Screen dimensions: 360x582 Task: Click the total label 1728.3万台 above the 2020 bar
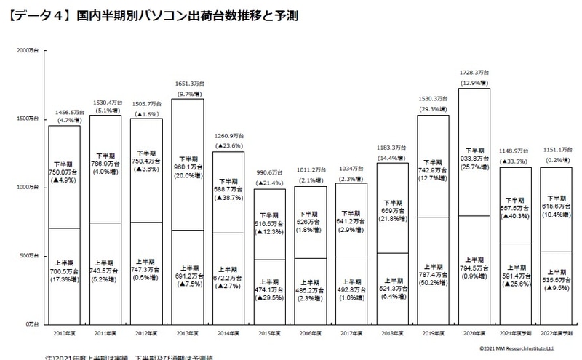click(475, 73)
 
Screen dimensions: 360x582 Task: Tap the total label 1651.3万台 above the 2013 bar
click(188, 84)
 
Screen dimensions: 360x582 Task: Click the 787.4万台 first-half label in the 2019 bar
click(434, 276)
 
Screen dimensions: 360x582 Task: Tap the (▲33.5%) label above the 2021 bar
click(517, 161)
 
